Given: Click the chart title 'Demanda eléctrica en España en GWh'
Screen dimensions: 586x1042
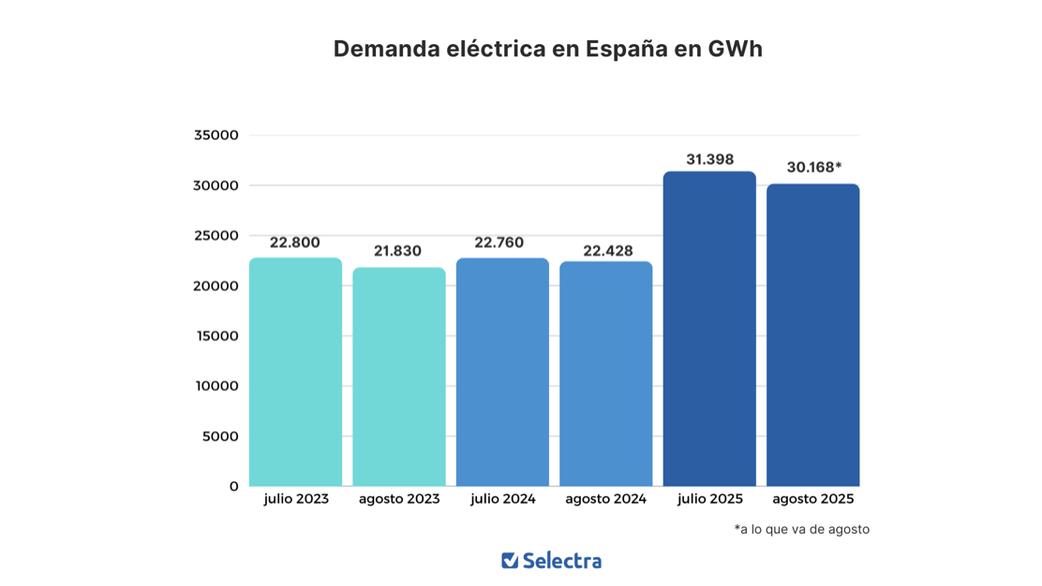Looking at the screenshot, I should [x=548, y=49].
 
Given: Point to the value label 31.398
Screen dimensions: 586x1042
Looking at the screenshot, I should [x=709, y=159].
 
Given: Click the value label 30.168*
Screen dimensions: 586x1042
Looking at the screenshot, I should [x=813, y=168].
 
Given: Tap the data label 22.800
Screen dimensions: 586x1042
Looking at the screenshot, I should [x=294, y=242].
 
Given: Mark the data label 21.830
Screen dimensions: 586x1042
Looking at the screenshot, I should [x=397, y=251].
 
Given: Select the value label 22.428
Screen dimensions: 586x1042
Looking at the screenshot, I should [x=607, y=251].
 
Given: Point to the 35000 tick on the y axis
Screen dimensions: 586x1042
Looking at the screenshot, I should [x=216, y=135].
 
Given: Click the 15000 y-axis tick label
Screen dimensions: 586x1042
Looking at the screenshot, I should [x=216, y=336].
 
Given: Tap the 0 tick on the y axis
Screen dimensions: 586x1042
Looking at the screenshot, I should [x=233, y=487].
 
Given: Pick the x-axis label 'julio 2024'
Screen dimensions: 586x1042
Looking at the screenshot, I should [x=503, y=499].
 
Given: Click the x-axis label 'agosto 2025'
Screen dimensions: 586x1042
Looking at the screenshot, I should [x=812, y=499].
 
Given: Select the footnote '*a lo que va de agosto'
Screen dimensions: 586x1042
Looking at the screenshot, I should [x=801, y=529].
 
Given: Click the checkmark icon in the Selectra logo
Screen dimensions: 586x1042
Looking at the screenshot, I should [x=510, y=561].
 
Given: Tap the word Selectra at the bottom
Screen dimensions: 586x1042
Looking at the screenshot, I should [x=562, y=561].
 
